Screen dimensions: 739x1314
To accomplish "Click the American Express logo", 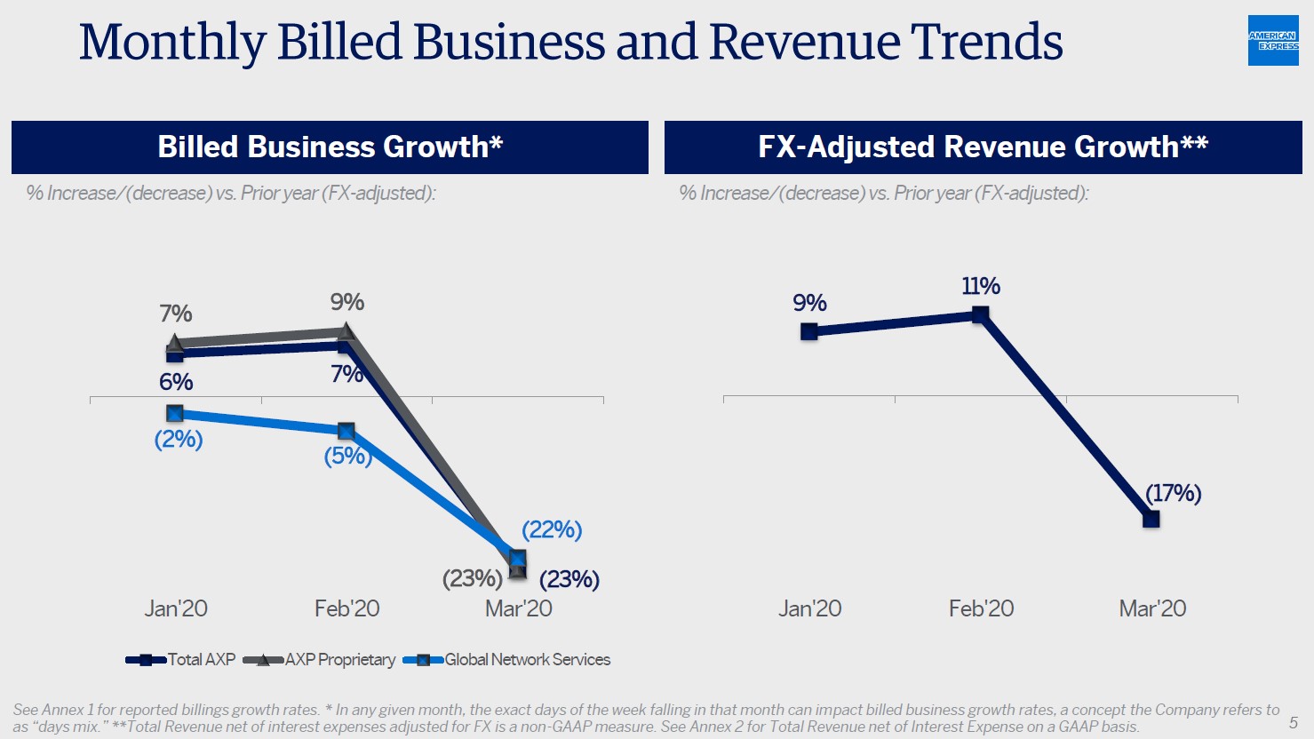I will click(1273, 41).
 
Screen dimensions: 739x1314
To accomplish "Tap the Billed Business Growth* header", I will click(330, 147).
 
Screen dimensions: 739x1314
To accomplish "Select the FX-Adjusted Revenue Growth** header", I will click(983, 147).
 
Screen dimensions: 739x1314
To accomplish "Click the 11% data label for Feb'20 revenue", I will click(981, 286).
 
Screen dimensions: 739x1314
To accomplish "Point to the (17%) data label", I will click(1173, 493).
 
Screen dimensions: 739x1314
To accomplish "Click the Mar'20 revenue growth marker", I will click(1151, 520).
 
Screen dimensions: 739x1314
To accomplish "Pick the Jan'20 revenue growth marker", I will click(809, 332).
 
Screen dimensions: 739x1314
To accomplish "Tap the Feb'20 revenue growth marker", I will click(981, 314).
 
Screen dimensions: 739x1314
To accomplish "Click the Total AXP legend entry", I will click(181, 660).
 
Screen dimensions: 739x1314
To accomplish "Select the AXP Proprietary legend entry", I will click(319, 660).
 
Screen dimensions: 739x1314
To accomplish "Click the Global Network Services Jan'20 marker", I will click(175, 414).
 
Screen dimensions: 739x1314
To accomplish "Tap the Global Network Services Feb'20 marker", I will click(346, 432).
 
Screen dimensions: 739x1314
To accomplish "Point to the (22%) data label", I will click(552, 529).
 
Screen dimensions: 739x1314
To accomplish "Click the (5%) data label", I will click(347, 456).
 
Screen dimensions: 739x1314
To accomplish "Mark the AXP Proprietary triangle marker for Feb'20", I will click(346, 331).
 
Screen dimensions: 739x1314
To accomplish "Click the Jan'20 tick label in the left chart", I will click(176, 608).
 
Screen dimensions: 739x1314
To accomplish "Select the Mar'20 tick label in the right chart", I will click(1152, 608).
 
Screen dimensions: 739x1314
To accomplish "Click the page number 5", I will click(1294, 722).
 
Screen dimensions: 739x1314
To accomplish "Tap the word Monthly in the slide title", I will click(172, 42).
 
